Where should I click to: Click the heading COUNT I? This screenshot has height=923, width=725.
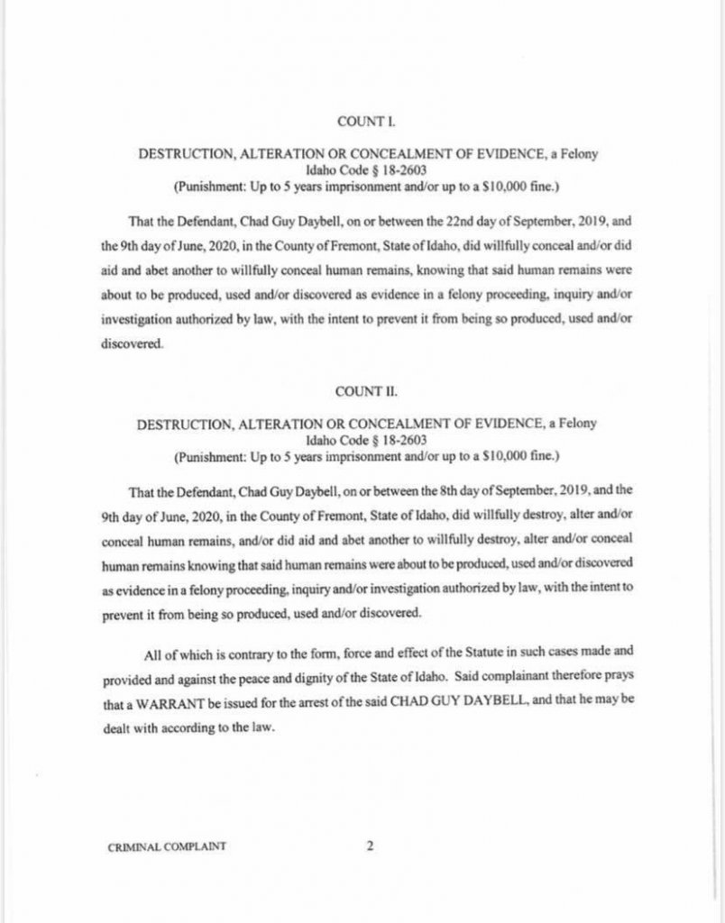pos(361,120)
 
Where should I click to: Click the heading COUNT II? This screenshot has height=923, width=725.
pos(361,392)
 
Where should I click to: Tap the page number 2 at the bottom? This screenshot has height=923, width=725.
pos(370,845)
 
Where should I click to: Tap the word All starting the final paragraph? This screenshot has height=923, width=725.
pos(152,655)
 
